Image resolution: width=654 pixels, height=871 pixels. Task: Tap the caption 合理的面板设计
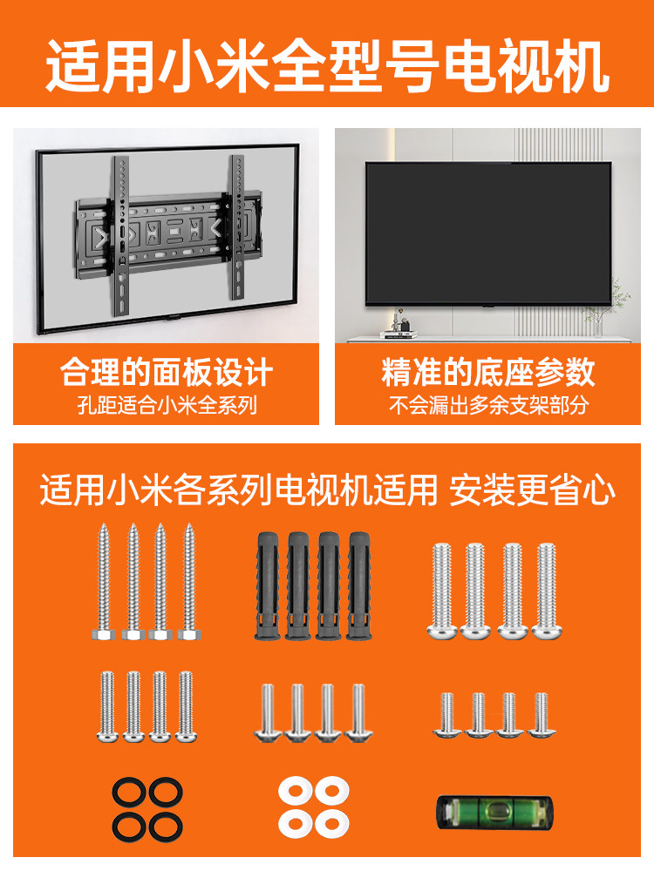point(167,373)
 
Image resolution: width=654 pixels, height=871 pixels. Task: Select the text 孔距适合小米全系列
point(167,405)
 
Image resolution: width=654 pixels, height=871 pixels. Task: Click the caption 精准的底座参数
point(488,373)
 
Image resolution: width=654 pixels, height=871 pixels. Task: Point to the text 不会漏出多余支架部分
point(488,405)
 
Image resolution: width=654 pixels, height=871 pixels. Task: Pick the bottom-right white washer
point(332,821)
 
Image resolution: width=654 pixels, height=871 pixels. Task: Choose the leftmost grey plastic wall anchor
point(267,585)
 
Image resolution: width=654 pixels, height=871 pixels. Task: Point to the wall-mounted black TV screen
point(488,232)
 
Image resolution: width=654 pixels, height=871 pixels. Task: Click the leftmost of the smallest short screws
point(446,714)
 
